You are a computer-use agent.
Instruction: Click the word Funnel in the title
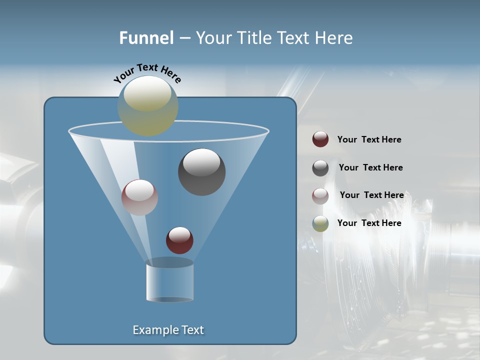146,38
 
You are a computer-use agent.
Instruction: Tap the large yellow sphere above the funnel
148,106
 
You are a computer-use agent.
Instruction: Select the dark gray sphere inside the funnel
202,172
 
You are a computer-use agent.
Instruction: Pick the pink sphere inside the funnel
139,197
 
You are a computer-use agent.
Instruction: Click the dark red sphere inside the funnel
179,240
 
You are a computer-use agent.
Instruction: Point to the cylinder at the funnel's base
169,282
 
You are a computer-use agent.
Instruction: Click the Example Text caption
168,330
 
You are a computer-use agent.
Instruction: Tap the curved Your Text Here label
147,73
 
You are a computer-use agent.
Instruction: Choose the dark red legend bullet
320,139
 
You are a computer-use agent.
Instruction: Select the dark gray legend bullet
320,168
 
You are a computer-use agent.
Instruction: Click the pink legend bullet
320,196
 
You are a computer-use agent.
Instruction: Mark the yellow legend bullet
320,223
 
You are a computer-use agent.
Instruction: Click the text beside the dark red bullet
369,140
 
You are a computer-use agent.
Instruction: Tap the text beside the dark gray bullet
370,168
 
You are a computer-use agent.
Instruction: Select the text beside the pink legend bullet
371,195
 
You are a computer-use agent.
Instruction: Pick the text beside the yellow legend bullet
369,223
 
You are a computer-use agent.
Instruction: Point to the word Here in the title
335,38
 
